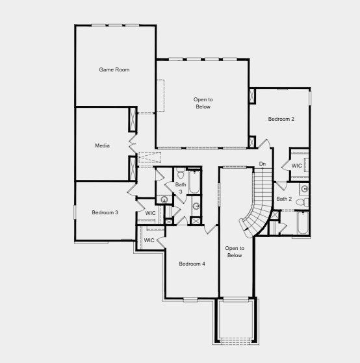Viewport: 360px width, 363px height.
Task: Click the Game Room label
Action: click(x=114, y=69)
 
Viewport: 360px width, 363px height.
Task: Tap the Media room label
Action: click(x=102, y=145)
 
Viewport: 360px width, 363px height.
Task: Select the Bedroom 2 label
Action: click(x=281, y=119)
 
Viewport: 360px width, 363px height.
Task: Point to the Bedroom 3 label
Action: click(x=105, y=212)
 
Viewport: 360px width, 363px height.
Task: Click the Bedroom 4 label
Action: click(x=192, y=264)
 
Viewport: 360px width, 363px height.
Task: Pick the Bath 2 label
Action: click(x=284, y=199)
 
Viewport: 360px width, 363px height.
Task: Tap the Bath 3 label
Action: click(x=181, y=188)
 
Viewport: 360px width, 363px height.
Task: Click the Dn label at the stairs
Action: click(x=263, y=164)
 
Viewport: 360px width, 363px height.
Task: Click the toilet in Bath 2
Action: click(x=302, y=202)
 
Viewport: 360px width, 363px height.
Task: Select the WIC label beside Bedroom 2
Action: click(x=296, y=166)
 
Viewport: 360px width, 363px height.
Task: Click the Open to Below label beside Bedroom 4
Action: click(x=234, y=251)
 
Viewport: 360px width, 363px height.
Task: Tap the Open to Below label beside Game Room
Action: click(x=203, y=103)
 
